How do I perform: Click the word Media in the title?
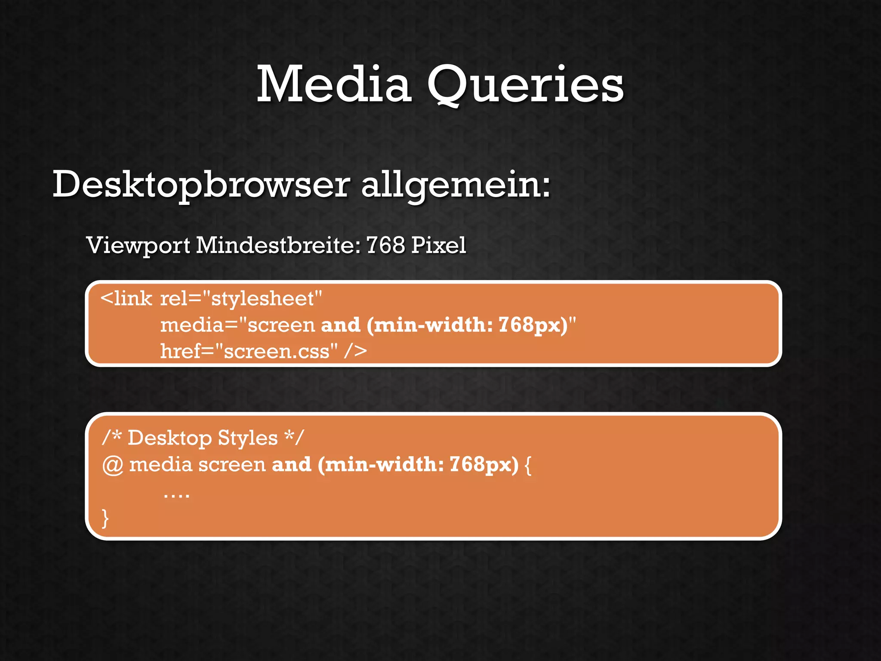point(334,84)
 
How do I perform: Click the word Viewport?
point(138,246)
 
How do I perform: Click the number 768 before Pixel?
point(385,245)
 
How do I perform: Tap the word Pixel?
point(438,245)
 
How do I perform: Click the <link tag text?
point(126,299)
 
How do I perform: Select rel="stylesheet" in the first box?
point(241,299)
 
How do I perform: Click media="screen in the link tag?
point(238,325)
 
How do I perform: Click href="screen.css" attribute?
point(249,352)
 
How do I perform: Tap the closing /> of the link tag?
point(355,352)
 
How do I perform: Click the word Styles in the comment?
point(247,438)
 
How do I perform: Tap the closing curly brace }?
point(105,518)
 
